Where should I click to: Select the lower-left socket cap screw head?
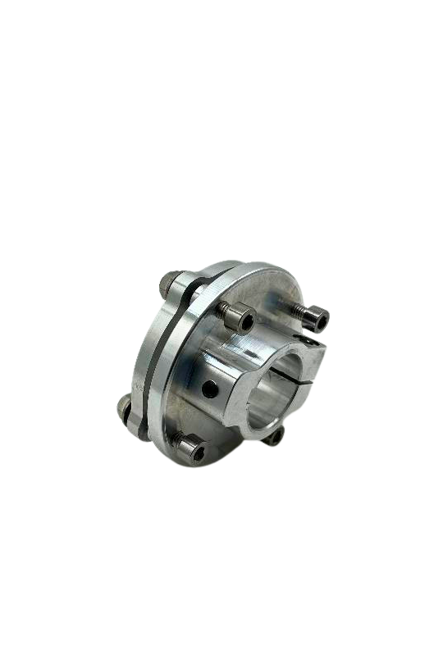[191, 448]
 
